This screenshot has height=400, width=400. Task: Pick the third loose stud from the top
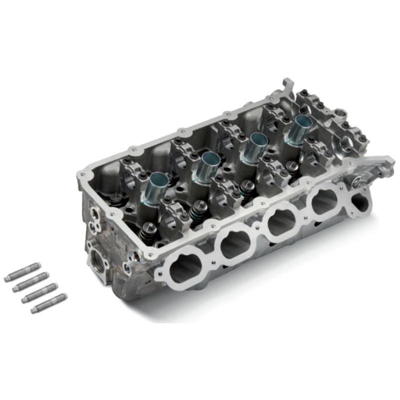click(38, 292)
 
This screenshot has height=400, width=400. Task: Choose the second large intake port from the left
click(235, 245)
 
